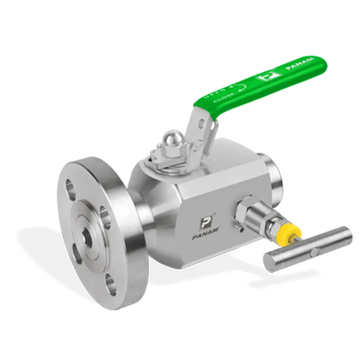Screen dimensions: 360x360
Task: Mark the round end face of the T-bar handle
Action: click(270, 262)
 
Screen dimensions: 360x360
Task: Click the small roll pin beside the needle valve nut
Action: click(240, 229)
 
